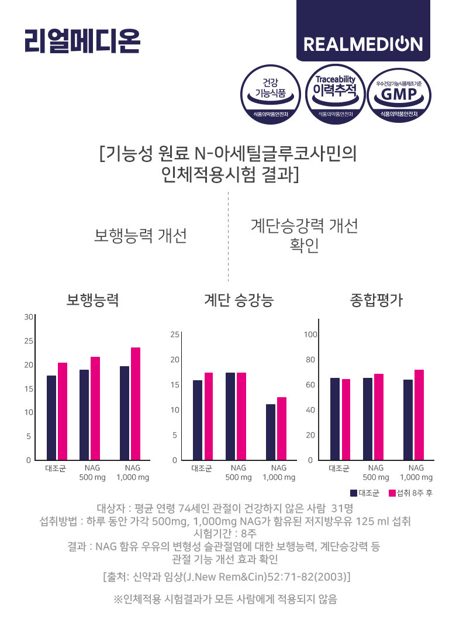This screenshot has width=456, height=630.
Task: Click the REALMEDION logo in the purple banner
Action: pos(363,44)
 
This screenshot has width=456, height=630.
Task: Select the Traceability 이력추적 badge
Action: pos(335,94)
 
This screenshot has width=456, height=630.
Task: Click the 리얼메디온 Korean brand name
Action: pos(82,40)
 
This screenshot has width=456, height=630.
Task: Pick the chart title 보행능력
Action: pos(92,301)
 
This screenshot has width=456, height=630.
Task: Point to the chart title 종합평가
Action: pos(376,301)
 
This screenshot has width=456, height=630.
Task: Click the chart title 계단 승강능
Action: pos(239,301)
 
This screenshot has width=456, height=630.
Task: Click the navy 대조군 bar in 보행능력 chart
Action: pos(51,418)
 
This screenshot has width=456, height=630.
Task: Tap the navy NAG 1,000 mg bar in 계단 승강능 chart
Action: pos(270,432)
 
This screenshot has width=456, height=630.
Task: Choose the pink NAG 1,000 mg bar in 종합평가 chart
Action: pos(419,415)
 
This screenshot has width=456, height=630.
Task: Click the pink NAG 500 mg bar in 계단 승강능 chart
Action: pos(241,416)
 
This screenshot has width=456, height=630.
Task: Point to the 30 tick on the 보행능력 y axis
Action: pos(28,317)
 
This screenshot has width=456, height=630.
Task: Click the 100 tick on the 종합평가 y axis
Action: pos(310,334)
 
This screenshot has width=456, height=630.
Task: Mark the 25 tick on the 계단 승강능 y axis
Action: pos(174,334)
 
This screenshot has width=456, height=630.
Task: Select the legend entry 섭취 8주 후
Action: pos(410,493)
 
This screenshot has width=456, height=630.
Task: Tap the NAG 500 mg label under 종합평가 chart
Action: pos(376,473)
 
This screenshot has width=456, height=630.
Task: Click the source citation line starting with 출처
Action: pos(226,577)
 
